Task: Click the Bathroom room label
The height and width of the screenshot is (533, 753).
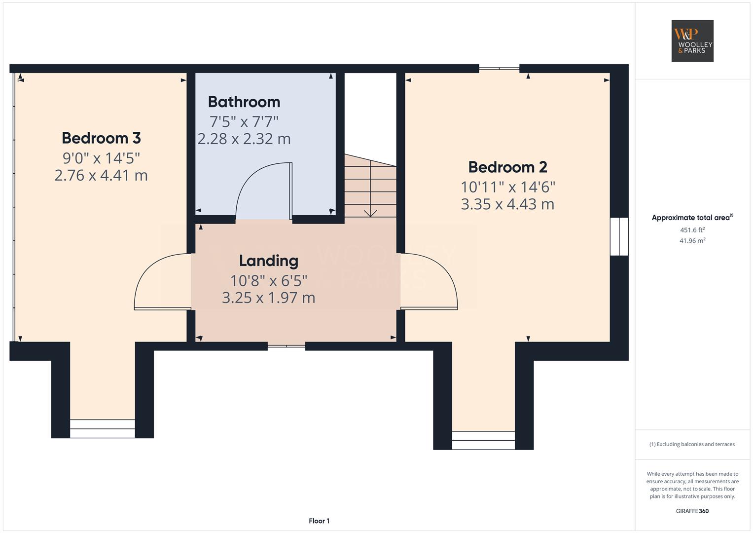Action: tap(244, 102)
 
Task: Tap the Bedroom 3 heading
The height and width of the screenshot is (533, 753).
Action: tap(101, 138)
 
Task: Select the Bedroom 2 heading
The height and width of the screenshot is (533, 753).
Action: tap(507, 167)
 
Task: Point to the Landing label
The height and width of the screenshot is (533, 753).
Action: tap(269, 261)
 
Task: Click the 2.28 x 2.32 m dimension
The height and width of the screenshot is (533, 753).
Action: tap(244, 139)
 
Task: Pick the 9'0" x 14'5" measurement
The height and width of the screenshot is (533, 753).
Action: tap(101, 158)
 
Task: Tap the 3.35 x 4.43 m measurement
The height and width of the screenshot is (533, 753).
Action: tap(507, 204)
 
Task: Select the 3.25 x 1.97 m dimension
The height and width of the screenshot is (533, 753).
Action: tap(269, 298)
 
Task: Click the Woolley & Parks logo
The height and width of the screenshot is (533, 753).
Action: tap(692, 40)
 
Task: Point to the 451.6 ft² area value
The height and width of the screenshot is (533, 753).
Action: tap(692, 230)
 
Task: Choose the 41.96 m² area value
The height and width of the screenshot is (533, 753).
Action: tap(692, 241)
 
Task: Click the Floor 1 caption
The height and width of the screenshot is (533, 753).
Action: tap(319, 521)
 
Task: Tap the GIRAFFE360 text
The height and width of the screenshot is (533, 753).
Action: tap(692, 511)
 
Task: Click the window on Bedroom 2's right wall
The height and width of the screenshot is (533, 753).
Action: tap(619, 236)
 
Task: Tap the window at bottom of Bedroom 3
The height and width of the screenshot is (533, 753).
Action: tap(103, 429)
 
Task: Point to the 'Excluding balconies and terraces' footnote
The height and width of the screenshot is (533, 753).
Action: tap(692, 444)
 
